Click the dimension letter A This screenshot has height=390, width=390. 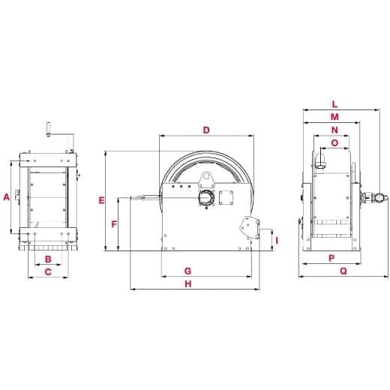[x=6, y=197]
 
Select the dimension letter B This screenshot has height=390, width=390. [x=48, y=259]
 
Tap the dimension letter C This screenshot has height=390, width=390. [x=48, y=273]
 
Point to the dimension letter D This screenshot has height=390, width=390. [x=206, y=130]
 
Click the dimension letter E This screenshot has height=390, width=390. [x=102, y=200]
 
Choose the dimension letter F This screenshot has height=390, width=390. [x=114, y=224]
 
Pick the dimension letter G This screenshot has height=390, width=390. [x=188, y=270]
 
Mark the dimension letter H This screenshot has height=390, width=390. [x=188, y=284]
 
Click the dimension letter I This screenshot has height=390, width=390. [x=276, y=241]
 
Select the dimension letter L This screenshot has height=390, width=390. [x=334, y=105]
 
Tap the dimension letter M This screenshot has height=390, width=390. [x=334, y=118]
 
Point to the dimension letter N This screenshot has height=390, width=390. [x=334, y=130]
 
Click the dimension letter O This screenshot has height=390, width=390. [x=334, y=142]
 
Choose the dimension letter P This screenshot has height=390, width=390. [x=331, y=258]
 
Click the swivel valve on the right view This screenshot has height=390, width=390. [x=371, y=199]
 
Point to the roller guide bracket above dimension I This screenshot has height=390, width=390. [x=249, y=226]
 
